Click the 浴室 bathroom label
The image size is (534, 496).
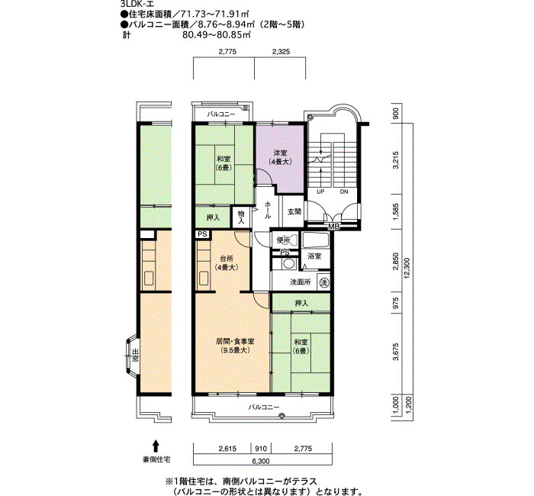tap(314, 256)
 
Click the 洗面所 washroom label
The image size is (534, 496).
tap(300, 282)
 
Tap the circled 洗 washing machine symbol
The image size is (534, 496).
tap(323, 282)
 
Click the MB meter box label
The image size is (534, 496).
tap(333, 227)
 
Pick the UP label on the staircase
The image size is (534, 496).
tap(320, 192)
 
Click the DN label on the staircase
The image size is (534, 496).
tap(343, 192)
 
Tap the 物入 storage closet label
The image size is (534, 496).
tap(242, 217)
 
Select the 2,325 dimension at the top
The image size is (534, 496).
tap(281, 53)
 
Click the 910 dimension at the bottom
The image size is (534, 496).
tap(260, 449)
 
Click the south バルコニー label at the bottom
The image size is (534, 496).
tap(262, 407)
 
